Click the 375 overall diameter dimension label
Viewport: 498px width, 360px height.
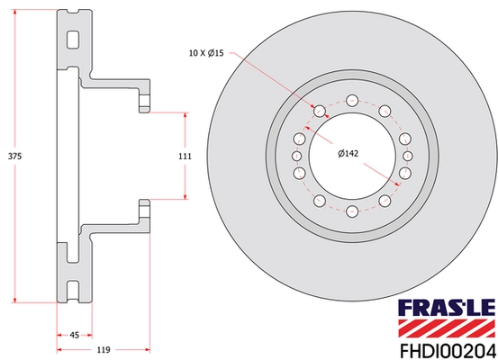click(14, 156)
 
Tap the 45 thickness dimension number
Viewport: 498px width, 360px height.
click(74, 335)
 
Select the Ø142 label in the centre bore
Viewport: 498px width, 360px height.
click(348, 154)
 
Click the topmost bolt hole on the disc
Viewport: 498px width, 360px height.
click(352, 101)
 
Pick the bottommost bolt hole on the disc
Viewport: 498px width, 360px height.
click(352, 212)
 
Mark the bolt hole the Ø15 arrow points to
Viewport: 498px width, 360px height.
click(318, 112)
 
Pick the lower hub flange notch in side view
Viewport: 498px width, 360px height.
click(142, 209)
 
